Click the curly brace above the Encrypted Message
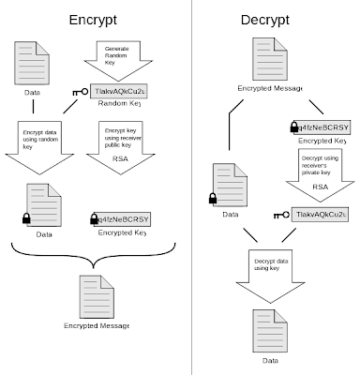94,252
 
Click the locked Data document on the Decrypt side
229,187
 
